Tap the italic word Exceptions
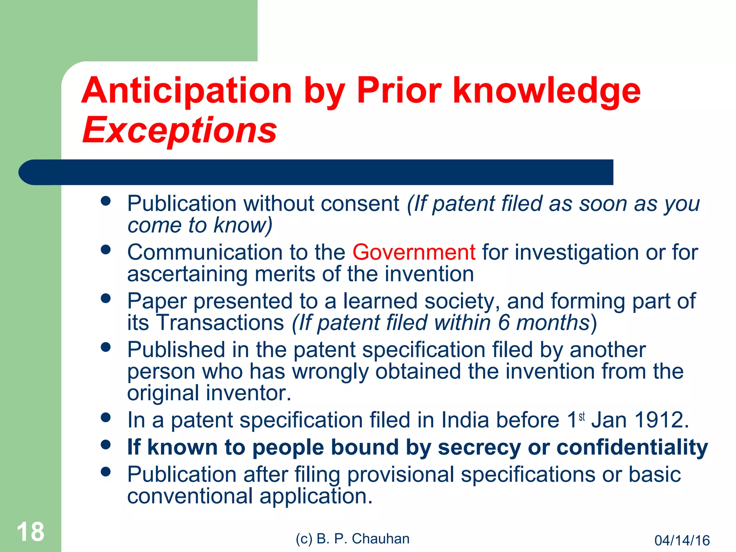click(180, 130)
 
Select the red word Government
click(414, 252)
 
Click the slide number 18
click(31, 532)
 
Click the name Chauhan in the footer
click(381, 539)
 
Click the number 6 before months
click(504, 322)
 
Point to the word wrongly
click(330, 371)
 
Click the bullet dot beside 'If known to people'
click(106, 445)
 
